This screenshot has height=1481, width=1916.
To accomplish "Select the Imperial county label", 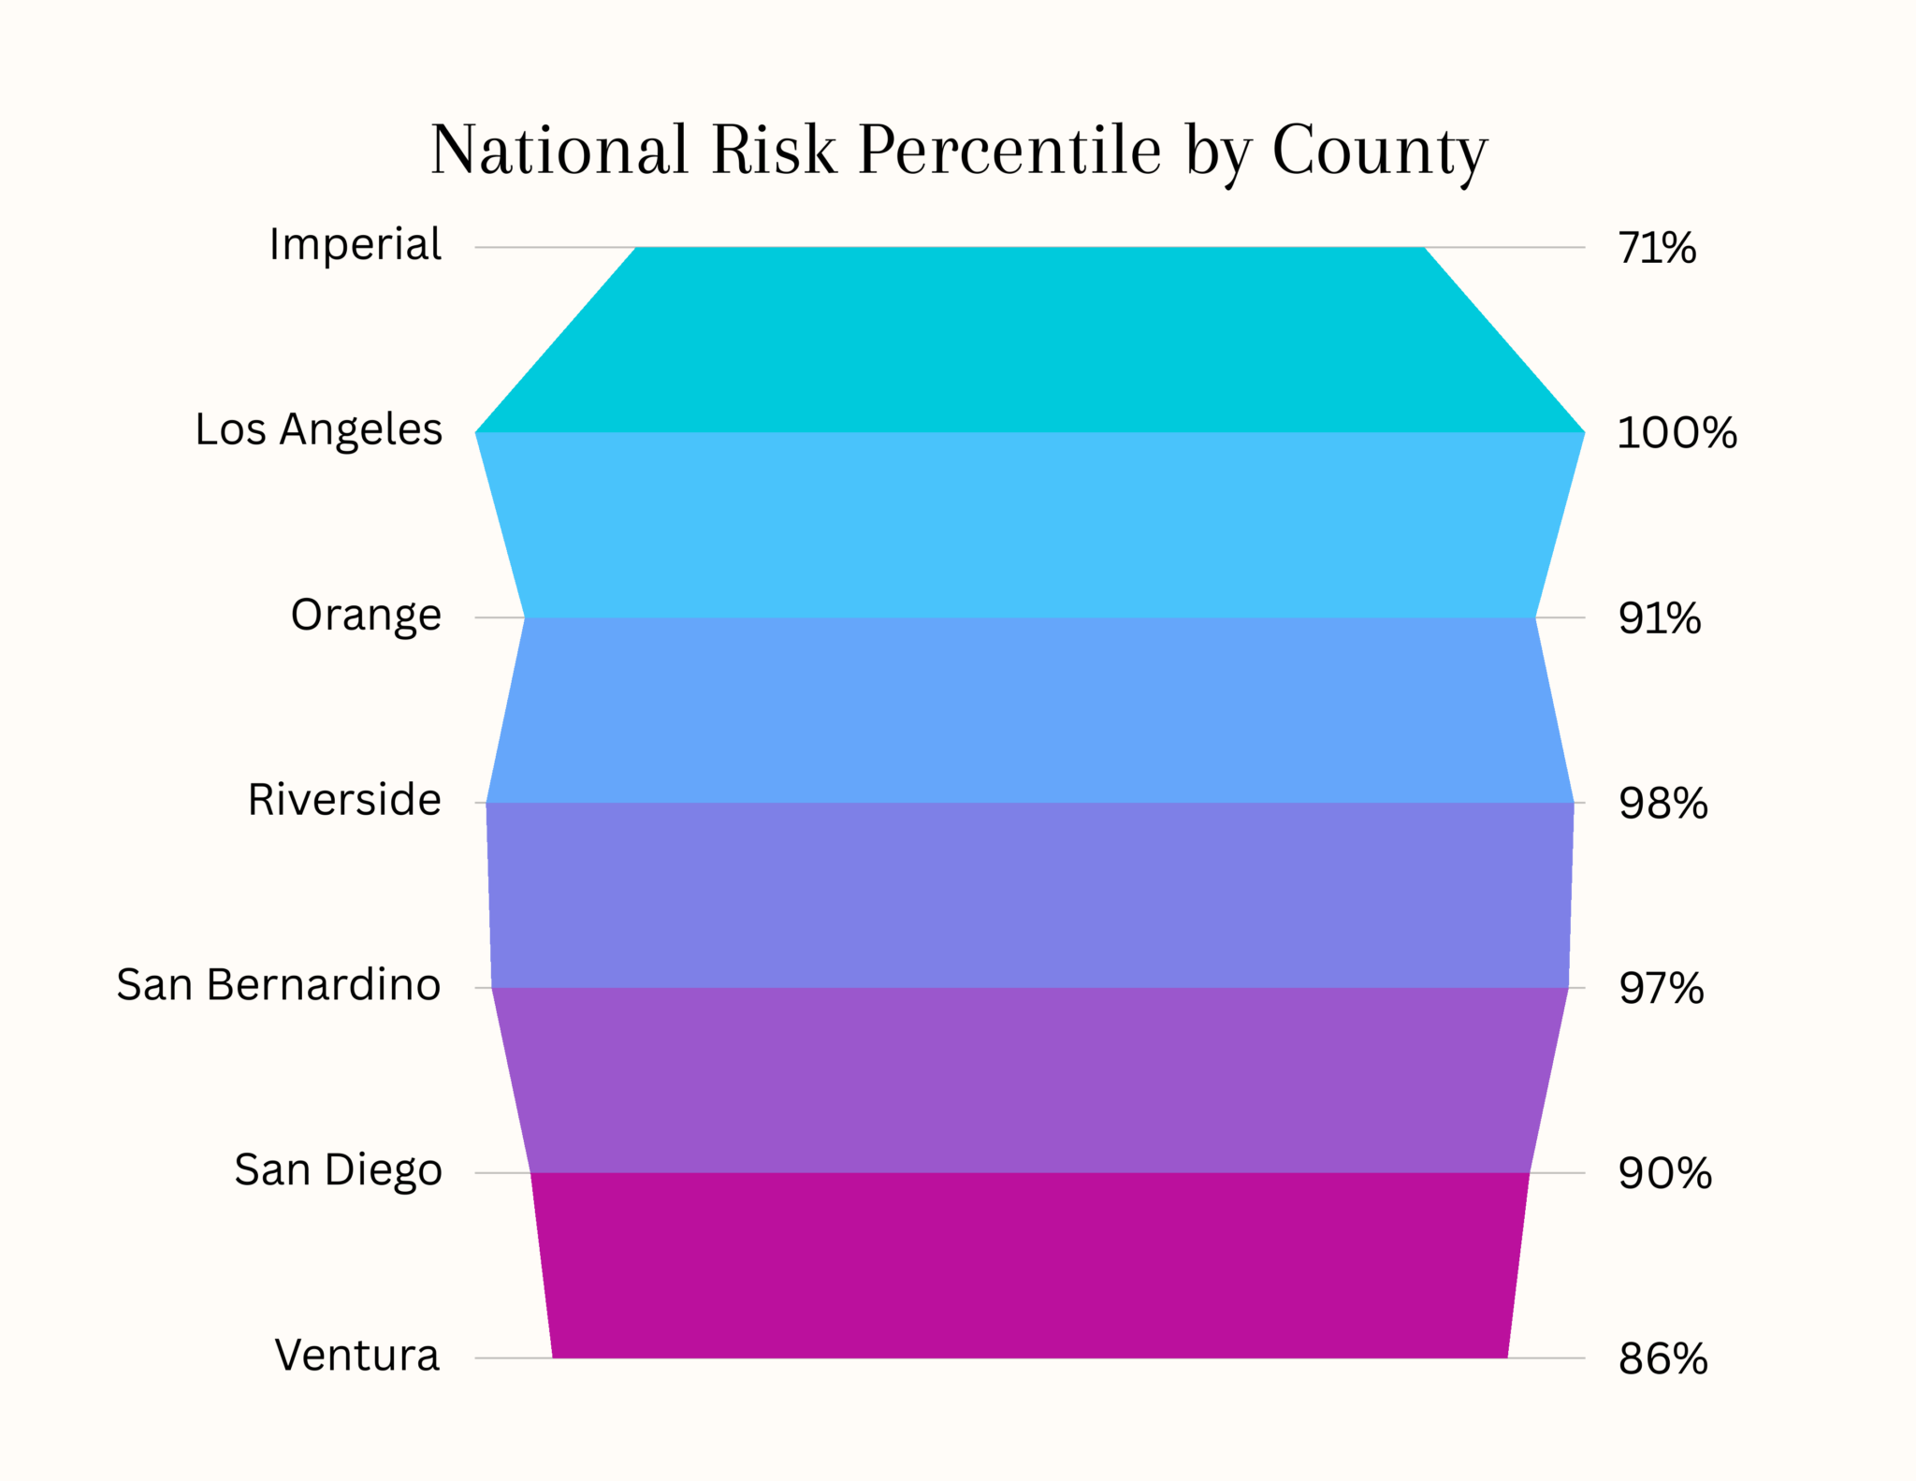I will pos(355,245).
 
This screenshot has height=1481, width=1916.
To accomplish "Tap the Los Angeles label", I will pos(318,430).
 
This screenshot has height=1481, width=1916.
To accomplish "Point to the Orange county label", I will pos(366,616).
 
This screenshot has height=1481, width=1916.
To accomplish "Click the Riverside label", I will pos(344,801).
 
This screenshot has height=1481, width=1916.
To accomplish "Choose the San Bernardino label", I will pos(279,985).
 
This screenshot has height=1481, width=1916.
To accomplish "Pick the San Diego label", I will pos(338,1170).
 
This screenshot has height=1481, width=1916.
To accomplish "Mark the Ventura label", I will pos(357,1356).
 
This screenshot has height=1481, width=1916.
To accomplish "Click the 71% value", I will pos(1657,249).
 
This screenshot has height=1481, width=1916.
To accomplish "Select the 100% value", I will pos(1676,434).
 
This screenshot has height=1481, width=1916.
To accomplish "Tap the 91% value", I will pos(1660,619).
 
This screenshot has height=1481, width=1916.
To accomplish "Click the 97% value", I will pos(1662,989).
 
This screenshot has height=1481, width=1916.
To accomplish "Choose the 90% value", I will pos(1665,1174).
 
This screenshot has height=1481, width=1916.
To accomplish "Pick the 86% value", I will pos(1663,1359).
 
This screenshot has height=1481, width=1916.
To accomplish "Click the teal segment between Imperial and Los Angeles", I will pos(1029,340).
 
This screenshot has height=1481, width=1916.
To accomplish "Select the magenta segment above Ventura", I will pos(1029,1265).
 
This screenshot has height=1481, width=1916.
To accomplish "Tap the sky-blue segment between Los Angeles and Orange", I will pos(1029,525).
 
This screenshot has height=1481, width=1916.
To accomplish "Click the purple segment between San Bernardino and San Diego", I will pos(1029,1080).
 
